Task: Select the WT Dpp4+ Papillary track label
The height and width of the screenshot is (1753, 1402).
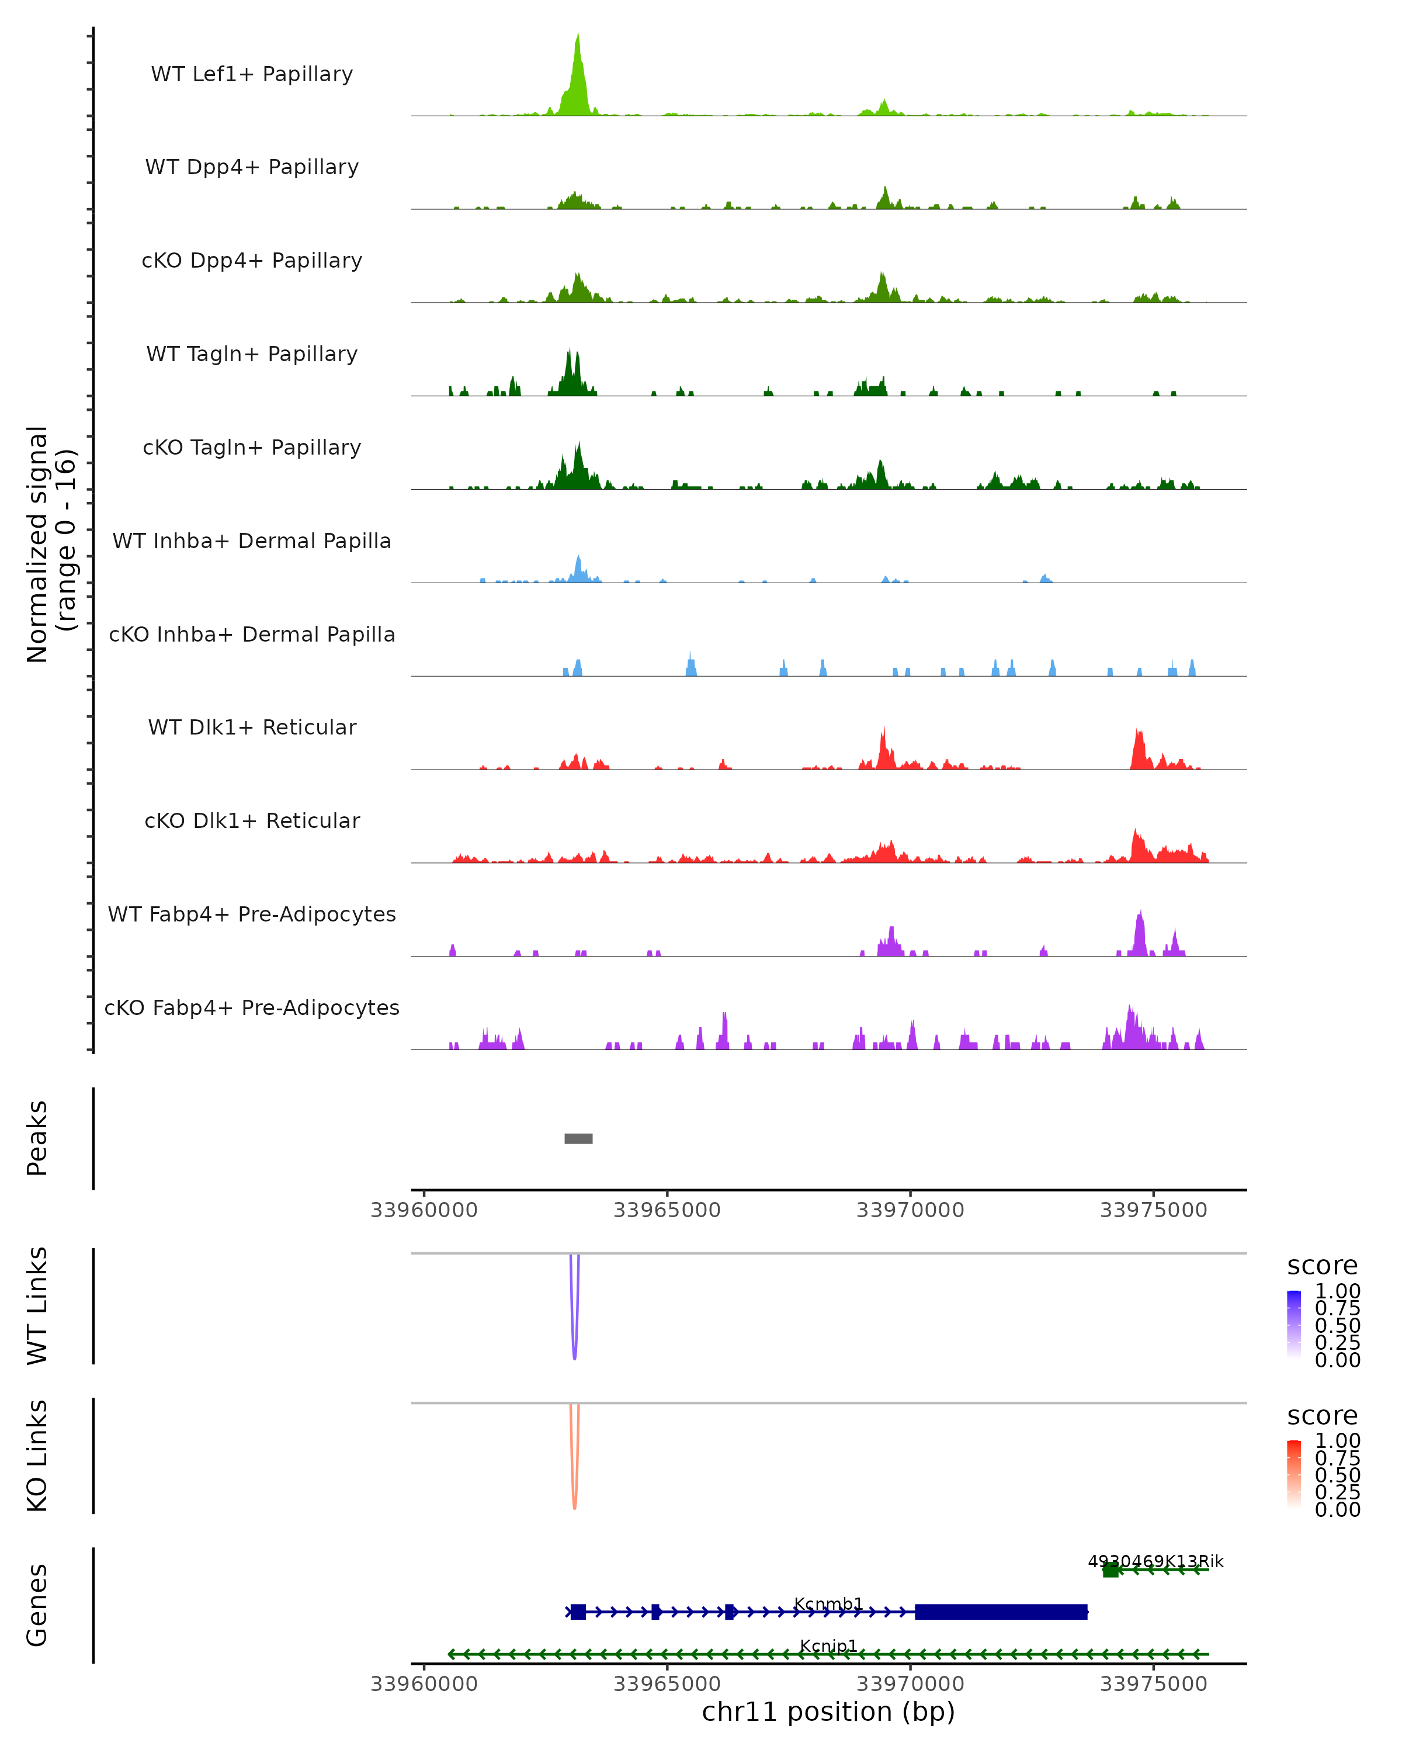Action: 252,168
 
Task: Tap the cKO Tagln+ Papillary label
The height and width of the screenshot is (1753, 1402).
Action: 252,448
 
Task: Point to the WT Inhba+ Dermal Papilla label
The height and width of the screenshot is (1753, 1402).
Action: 252,542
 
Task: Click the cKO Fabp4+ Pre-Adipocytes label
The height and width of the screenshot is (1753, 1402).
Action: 252,1008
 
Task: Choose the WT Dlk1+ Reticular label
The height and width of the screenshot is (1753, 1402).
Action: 252,727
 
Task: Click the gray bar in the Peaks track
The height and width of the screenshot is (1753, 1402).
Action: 579,1138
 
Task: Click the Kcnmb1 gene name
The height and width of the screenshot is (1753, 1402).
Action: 828,1603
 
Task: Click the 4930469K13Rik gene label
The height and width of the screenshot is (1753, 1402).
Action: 1155,1561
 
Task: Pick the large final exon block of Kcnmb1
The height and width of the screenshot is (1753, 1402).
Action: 1001,1612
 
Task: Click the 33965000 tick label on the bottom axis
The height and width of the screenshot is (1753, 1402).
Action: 667,1684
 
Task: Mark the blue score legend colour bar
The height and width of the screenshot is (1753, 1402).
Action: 1294,1324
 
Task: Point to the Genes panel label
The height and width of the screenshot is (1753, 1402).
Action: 37,1605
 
